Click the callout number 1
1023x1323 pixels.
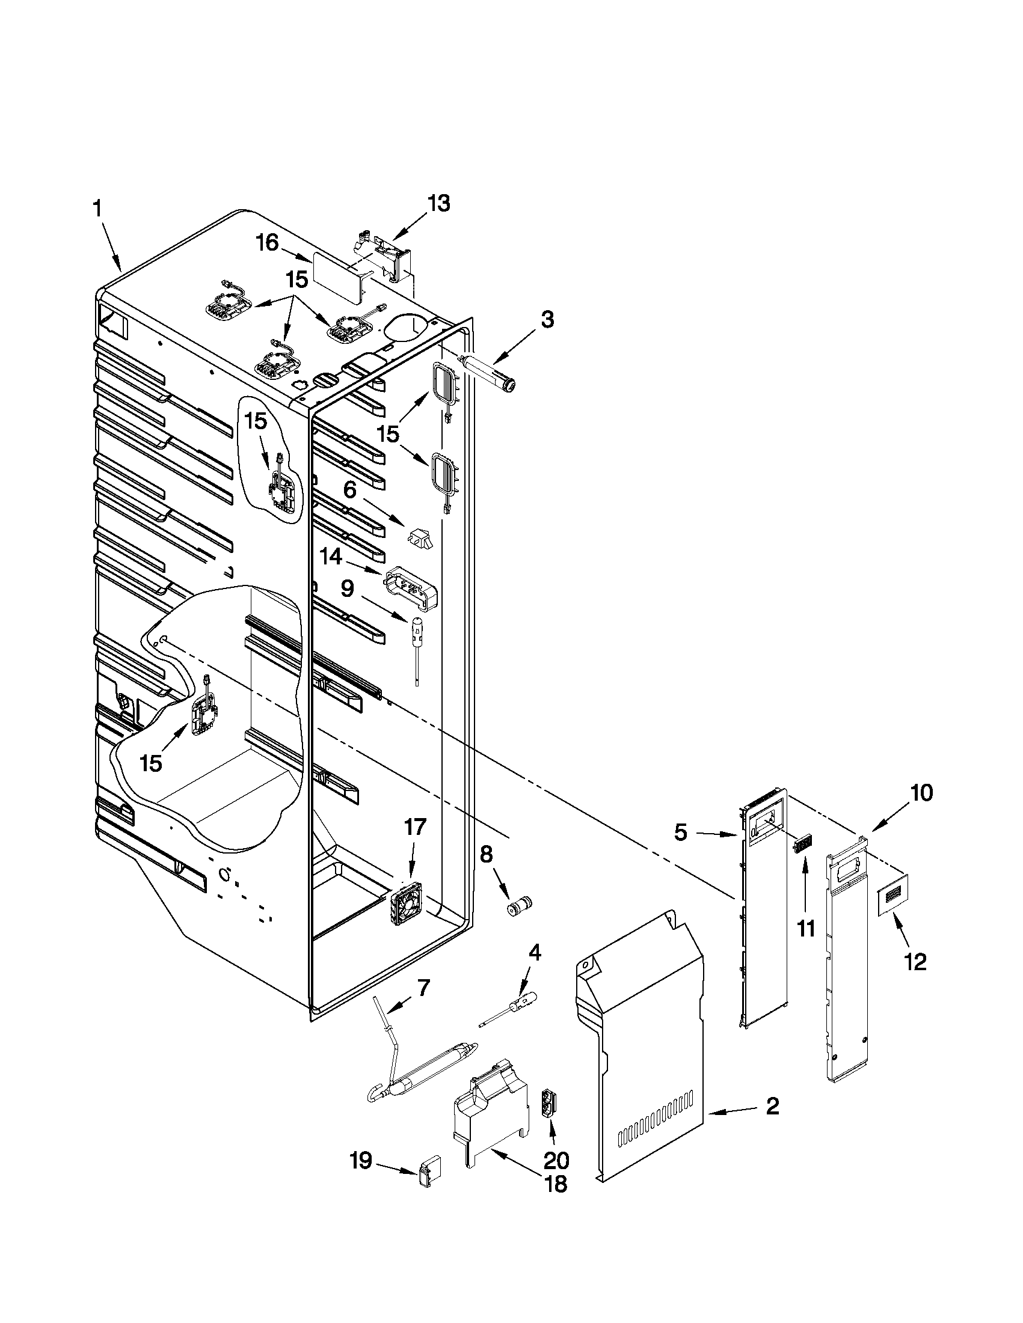pyautogui.click(x=97, y=210)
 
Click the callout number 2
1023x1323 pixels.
pyautogui.click(x=771, y=1107)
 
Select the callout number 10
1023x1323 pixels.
pyautogui.click(x=921, y=792)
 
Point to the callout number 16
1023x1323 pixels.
pyautogui.click(x=266, y=243)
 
